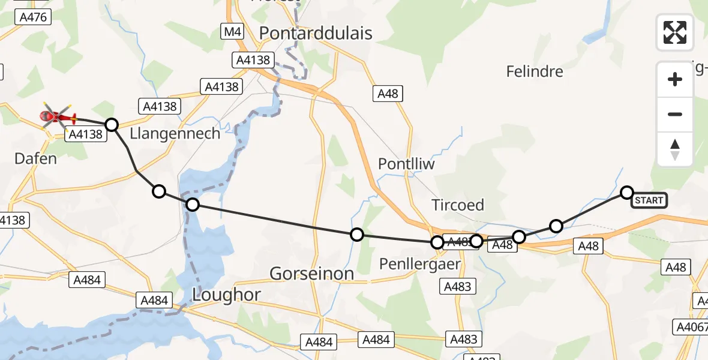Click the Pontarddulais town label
[316, 33]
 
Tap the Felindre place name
[535, 71]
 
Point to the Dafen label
[35, 158]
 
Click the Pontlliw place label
[406, 164]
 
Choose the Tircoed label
[458, 205]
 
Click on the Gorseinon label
[311, 274]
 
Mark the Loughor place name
[226, 295]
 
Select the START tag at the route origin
[649, 200]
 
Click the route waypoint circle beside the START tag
[626, 192]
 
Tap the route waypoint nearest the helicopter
[112, 125]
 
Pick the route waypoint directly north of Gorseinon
[357, 235]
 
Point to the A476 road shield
[33, 17]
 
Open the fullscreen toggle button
[675, 32]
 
